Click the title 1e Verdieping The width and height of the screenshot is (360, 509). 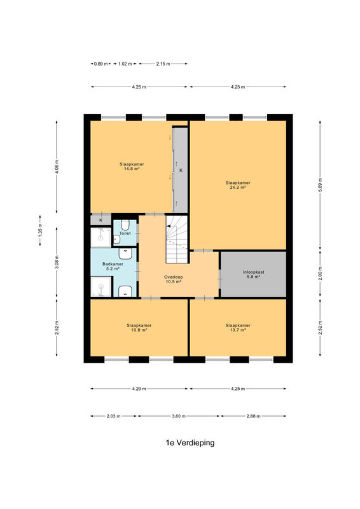pyautogui.click(x=190, y=443)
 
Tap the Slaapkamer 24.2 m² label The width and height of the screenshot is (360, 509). pyautogui.click(x=238, y=185)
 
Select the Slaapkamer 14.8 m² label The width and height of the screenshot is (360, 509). pyautogui.click(x=132, y=167)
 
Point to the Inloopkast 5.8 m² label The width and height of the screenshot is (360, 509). pyautogui.click(x=253, y=275)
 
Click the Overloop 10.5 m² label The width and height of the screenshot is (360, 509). pyautogui.click(x=174, y=279)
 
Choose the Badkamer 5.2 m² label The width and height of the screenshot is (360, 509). pyautogui.click(x=113, y=267)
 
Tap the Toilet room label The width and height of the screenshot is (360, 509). pyautogui.click(x=125, y=234)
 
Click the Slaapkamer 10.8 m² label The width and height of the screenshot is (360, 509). pyautogui.click(x=139, y=328)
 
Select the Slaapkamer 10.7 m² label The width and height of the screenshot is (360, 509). pyautogui.click(x=238, y=328)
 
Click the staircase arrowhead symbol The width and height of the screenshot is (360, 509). pyautogui.click(x=169, y=226)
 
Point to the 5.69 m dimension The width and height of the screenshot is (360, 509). pyautogui.click(x=320, y=185)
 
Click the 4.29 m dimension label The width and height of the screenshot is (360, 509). pyautogui.click(x=139, y=389)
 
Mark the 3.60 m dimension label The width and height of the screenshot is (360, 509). pyautogui.click(x=179, y=416)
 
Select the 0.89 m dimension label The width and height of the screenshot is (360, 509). pyautogui.click(x=100, y=64)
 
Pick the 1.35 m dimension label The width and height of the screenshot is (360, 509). pyautogui.click(x=40, y=230)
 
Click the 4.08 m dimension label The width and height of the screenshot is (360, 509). pyautogui.click(x=57, y=167)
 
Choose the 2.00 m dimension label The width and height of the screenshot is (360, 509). pyautogui.click(x=320, y=274)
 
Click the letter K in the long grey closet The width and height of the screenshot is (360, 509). pyautogui.click(x=181, y=170)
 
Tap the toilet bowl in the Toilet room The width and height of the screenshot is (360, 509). pyautogui.click(x=125, y=225)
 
